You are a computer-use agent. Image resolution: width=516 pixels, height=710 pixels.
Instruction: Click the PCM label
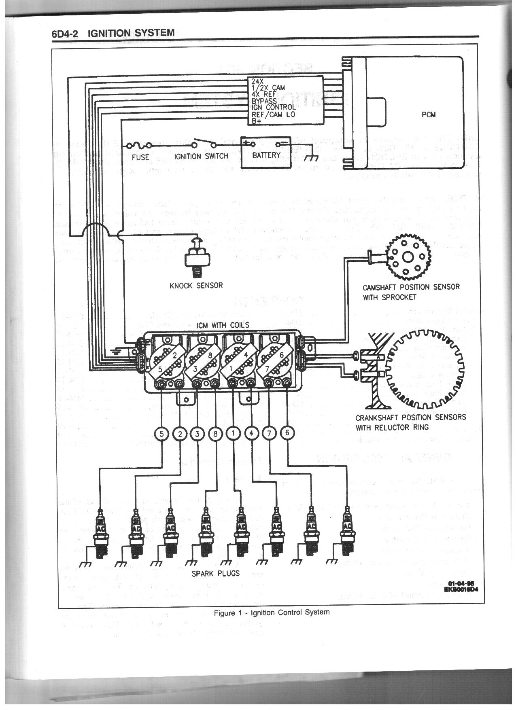coord(428,114)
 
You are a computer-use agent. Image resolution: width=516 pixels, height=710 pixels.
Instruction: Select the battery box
coord(266,152)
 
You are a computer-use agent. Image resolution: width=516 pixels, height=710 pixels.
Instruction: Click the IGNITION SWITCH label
coord(201,156)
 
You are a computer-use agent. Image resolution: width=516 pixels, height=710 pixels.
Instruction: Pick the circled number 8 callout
coord(215,434)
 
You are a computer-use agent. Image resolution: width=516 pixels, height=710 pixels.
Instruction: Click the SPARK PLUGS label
coord(215,573)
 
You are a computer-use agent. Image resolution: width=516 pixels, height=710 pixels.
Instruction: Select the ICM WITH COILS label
coord(223,325)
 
